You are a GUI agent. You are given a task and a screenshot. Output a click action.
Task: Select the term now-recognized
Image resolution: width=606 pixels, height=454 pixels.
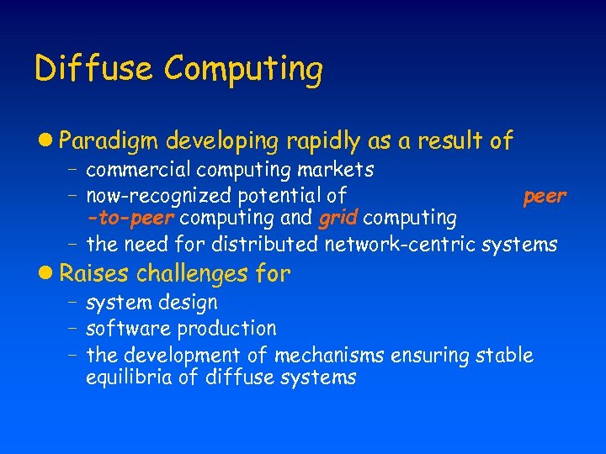click(160, 197)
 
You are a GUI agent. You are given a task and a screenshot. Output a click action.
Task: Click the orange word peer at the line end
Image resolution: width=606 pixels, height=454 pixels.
click(545, 197)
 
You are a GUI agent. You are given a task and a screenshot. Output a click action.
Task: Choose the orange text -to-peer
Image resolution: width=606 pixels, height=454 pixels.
click(130, 219)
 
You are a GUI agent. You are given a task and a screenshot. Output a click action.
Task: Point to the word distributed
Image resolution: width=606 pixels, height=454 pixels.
click(263, 245)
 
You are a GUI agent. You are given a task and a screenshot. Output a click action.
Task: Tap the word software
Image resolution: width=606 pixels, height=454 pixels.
click(120, 328)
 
